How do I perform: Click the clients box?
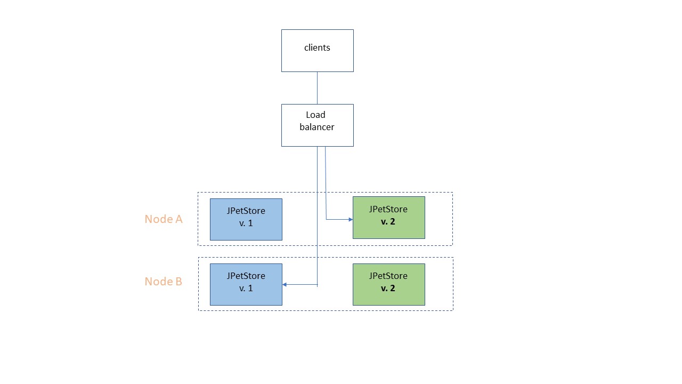(317, 51)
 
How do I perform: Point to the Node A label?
(164, 219)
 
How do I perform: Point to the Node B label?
(164, 282)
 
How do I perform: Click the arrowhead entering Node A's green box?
(350, 219)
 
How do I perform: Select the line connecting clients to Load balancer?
(317, 88)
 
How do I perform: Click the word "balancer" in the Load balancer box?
(317, 127)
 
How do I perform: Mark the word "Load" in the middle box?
(315, 115)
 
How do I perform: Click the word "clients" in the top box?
(317, 48)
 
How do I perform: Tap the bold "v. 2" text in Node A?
(388, 222)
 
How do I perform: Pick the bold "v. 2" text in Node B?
(388, 289)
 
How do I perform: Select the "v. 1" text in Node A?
(246, 223)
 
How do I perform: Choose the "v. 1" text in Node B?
(246, 289)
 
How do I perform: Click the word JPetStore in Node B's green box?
(388, 276)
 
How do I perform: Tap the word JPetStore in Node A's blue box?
(246, 211)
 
